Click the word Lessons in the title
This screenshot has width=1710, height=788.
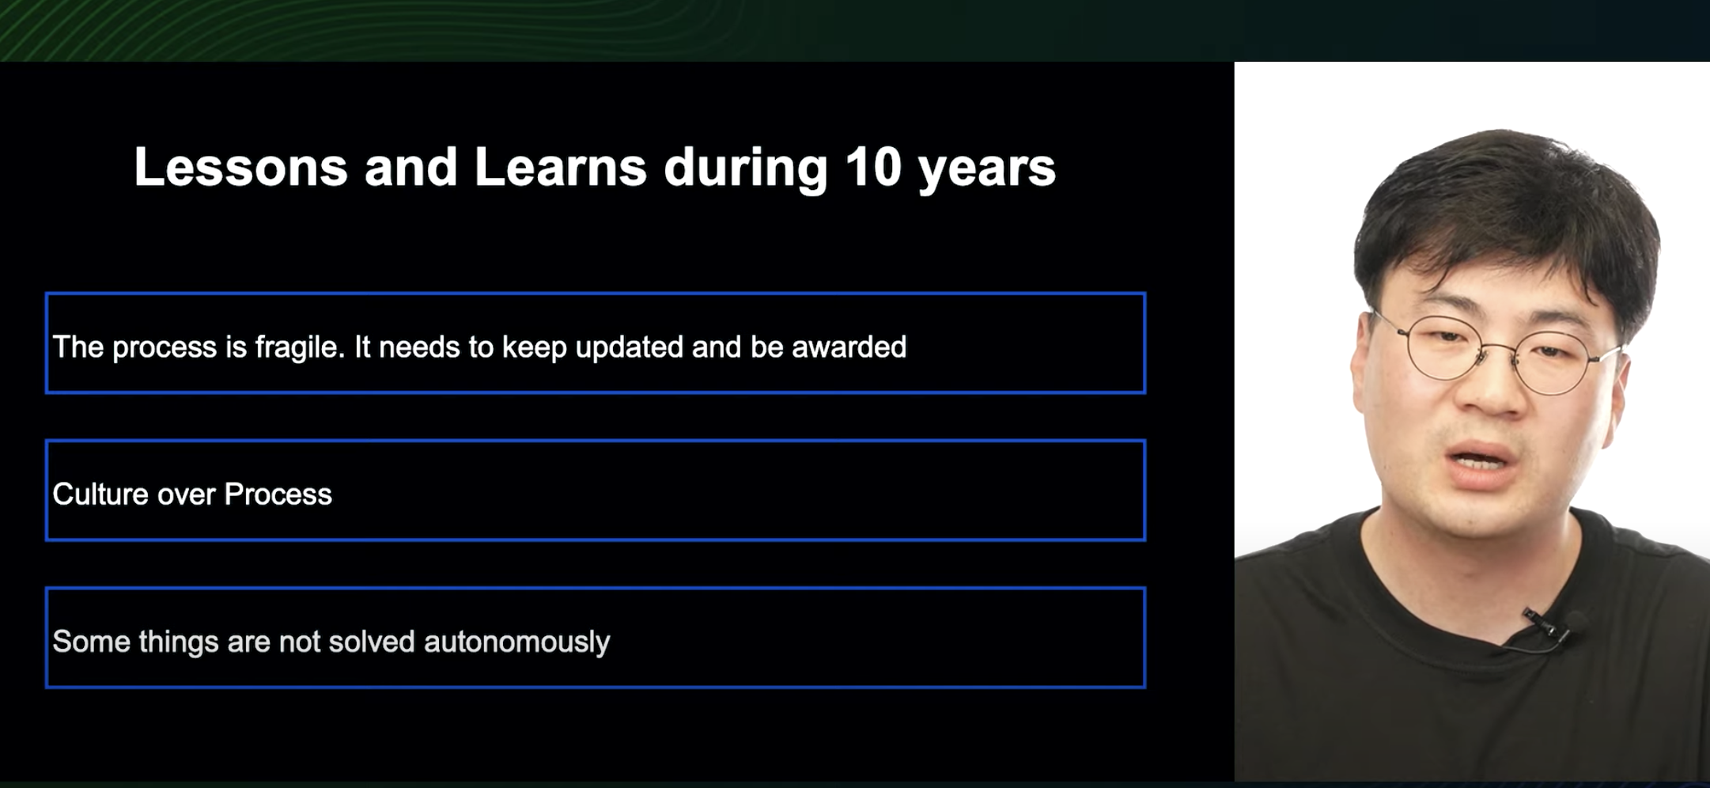[x=241, y=167]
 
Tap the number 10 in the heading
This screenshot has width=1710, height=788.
[x=873, y=167]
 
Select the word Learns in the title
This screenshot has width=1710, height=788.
[x=560, y=167]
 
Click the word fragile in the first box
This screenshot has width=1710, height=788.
[x=300, y=347]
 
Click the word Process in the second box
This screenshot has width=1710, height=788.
[x=278, y=494]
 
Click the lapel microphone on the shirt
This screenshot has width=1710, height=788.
[x=1542, y=627]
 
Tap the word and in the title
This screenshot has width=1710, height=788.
[x=410, y=167]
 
